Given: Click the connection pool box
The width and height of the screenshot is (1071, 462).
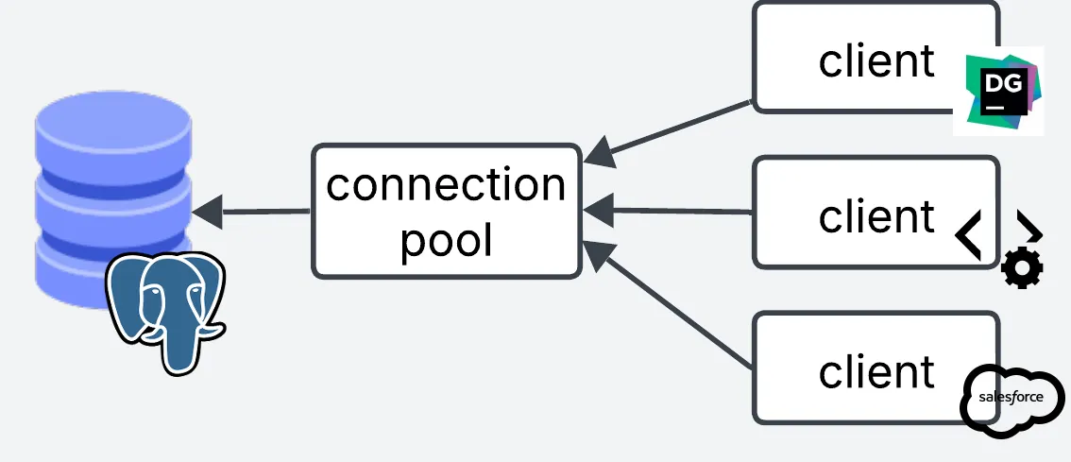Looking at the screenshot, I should tap(446, 212).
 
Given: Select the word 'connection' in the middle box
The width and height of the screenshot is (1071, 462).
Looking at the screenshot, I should tap(446, 184).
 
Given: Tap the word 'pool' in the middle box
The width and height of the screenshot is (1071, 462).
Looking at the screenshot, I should tap(446, 240).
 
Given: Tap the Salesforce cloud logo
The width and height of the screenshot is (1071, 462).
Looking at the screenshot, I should tap(1011, 399).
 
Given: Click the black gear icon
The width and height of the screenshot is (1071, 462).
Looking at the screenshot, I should tap(1022, 269).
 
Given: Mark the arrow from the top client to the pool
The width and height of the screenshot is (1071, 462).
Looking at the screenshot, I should tap(671, 131).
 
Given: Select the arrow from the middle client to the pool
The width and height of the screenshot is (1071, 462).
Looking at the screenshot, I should tap(671, 211).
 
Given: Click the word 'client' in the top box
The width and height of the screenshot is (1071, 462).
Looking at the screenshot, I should tap(876, 61).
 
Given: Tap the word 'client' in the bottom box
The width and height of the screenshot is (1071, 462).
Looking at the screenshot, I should tap(876, 371).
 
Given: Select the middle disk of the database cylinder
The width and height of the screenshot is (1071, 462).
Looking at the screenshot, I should tap(112, 197).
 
